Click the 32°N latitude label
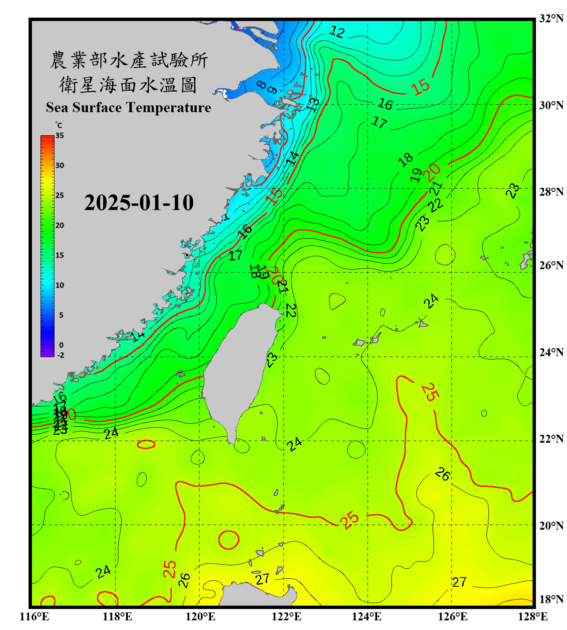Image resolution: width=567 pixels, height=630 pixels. point(551,18)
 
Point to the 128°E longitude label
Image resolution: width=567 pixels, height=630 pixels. point(533,617)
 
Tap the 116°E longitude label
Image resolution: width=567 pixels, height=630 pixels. point(34,617)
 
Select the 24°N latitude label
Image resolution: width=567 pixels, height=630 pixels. point(551,352)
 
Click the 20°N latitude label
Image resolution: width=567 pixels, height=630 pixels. point(551,525)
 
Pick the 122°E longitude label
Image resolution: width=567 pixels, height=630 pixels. point(286,617)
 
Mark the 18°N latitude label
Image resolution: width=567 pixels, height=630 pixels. point(551,599)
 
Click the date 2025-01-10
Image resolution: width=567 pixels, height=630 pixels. point(139,203)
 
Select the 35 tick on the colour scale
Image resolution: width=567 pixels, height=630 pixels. point(60,136)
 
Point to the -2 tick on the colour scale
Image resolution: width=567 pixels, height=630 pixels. point(60,355)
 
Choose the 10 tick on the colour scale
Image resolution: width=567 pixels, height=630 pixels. point(60,285)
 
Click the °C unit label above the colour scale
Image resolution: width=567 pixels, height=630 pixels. point(59,125)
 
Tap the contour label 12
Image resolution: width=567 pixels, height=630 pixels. point(337,32)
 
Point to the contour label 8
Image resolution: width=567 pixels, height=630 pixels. point(261,84)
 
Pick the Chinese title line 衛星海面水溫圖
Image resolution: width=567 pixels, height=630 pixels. point(128,85)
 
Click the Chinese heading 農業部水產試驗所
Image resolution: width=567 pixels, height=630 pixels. point(129,60)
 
